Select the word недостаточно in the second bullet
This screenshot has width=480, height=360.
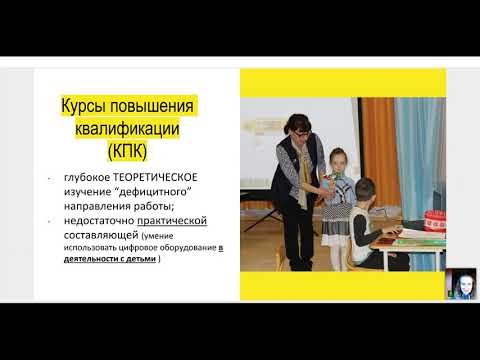click(x=97, y=220)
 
